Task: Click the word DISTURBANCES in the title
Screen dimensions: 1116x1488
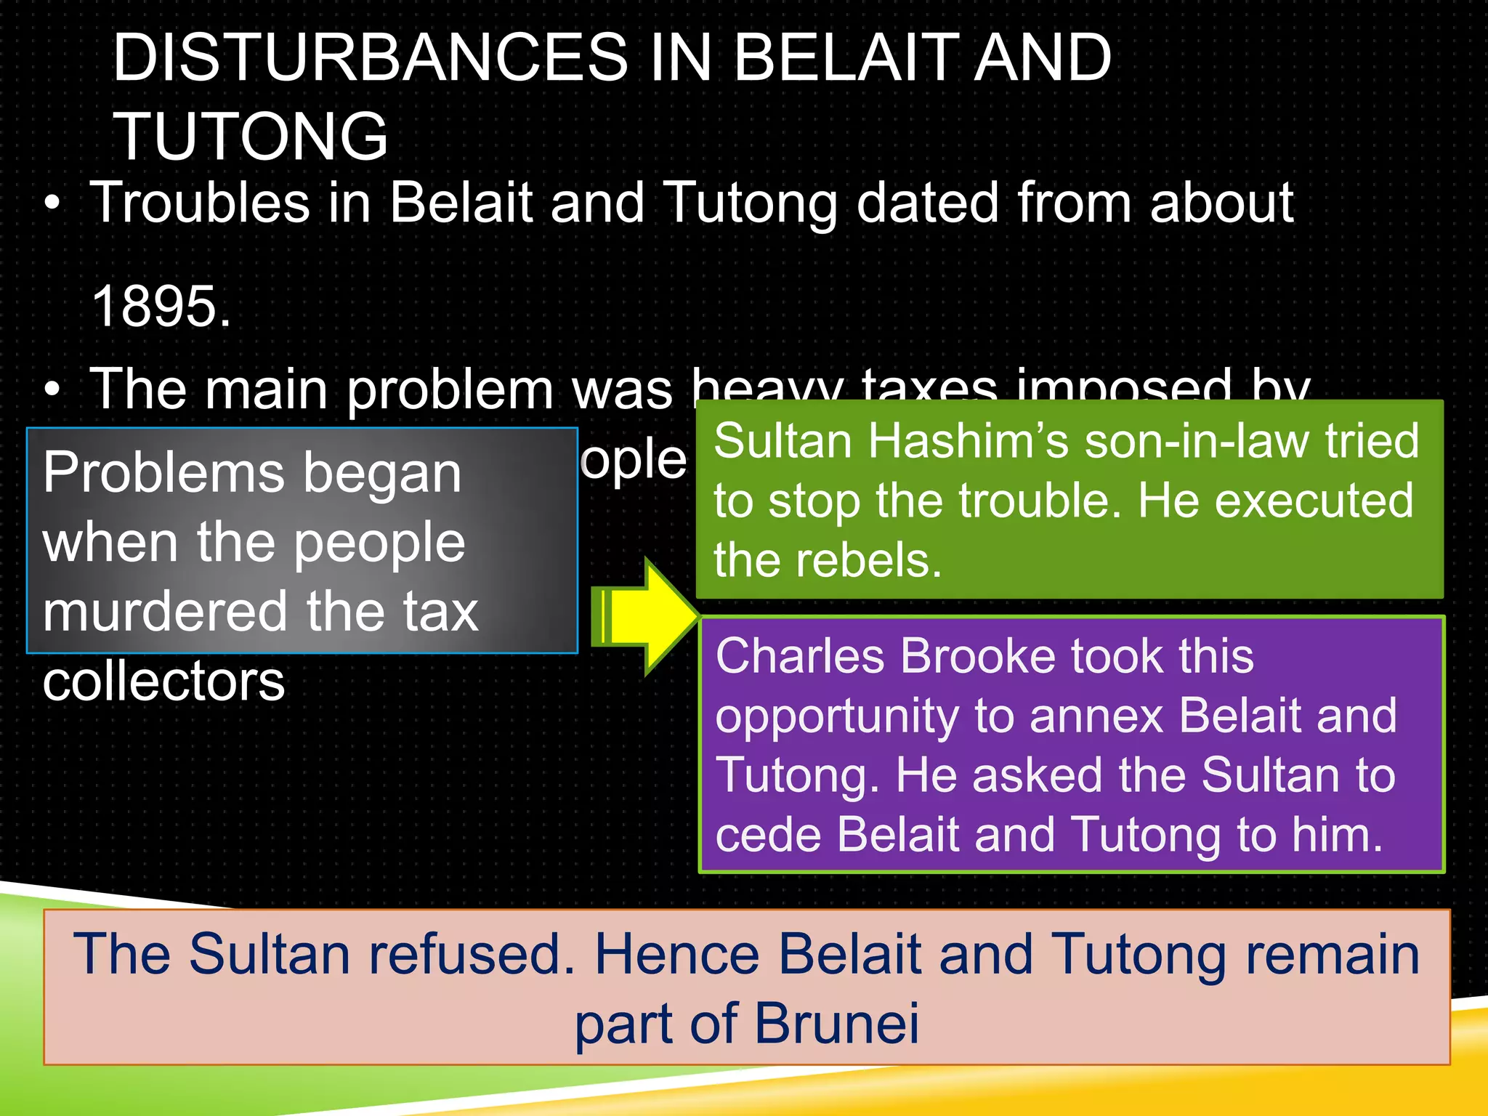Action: coord(371,58)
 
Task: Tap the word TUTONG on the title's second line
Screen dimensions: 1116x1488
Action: coord(251,137)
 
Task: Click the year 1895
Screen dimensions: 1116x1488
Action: coord(161,307)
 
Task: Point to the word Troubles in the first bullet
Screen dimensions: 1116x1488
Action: coord(200,203)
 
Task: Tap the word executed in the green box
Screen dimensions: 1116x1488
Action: coord(1314,501)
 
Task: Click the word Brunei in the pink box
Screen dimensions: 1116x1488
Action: coord(836,1024)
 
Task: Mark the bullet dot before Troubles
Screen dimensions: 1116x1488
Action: coord(52,205)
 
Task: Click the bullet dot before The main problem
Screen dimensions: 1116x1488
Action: coord(52,391)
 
